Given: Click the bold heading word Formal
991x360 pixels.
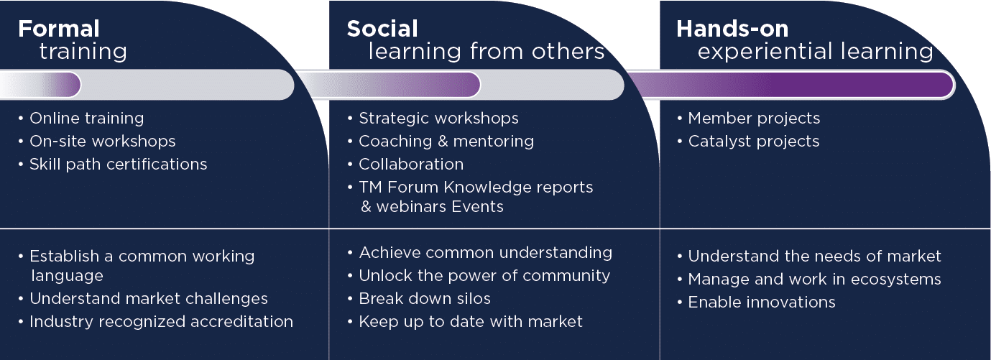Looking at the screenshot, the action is tap(59, 29).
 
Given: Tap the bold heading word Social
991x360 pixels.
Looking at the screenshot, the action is tap(382, 29).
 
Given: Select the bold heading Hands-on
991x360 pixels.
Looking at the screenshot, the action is tap(732, 29).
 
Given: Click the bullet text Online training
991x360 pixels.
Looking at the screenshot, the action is tap(87, 119).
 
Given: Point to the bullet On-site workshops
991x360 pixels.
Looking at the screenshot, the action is tap(103, 141).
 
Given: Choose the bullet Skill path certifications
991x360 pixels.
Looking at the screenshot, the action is tap(118, 165).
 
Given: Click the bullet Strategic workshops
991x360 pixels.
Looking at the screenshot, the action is tap(438, 119).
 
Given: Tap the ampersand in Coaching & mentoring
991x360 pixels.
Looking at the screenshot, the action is tap(443, 142).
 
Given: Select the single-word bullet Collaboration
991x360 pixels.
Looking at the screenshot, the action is tap(411, 165).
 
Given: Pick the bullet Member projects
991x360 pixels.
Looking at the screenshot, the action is tap(754, 119).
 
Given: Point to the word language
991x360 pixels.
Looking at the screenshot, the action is tap(68, 277).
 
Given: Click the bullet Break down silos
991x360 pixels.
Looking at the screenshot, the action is tap(425, 298).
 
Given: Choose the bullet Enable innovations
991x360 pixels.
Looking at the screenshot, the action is tap(761, 302).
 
